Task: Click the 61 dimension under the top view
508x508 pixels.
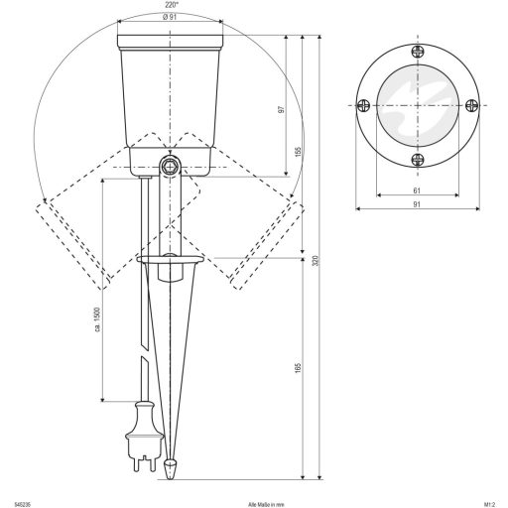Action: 417,191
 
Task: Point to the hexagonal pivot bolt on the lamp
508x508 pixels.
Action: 171,164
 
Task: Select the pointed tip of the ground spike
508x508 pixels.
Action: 171,464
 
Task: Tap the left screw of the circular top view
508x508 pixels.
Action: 364,106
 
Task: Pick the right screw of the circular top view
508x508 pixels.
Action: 470,106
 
